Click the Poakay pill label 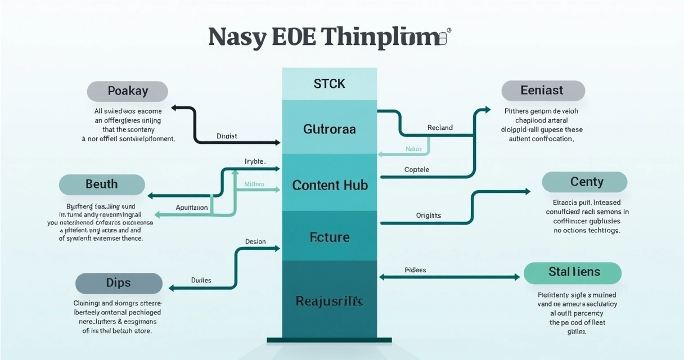(x=128, y=91)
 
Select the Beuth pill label (x=102, y=184)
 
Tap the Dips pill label (x=119, y=283)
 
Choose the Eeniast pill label (x=543, y=91)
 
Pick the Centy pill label (x=584, y=182)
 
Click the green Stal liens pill (x=573, y=272)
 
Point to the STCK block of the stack (x=330, y=84)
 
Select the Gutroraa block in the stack (x=330, y=129)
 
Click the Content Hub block (x=330, y=184)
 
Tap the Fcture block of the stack (x=330, y=237)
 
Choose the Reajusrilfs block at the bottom (x=330, y=301)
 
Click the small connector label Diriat (x=227, y=136)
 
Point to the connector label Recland (x=440, y=128)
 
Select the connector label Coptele (x=416, y=169)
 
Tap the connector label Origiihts (x=429, y=215)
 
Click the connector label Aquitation (x=192, y=208)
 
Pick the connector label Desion (x=255, y=241)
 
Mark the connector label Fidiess (x=415, y=270)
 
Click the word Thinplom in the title (x=380, y=37)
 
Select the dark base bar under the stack (x=329, y=340)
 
